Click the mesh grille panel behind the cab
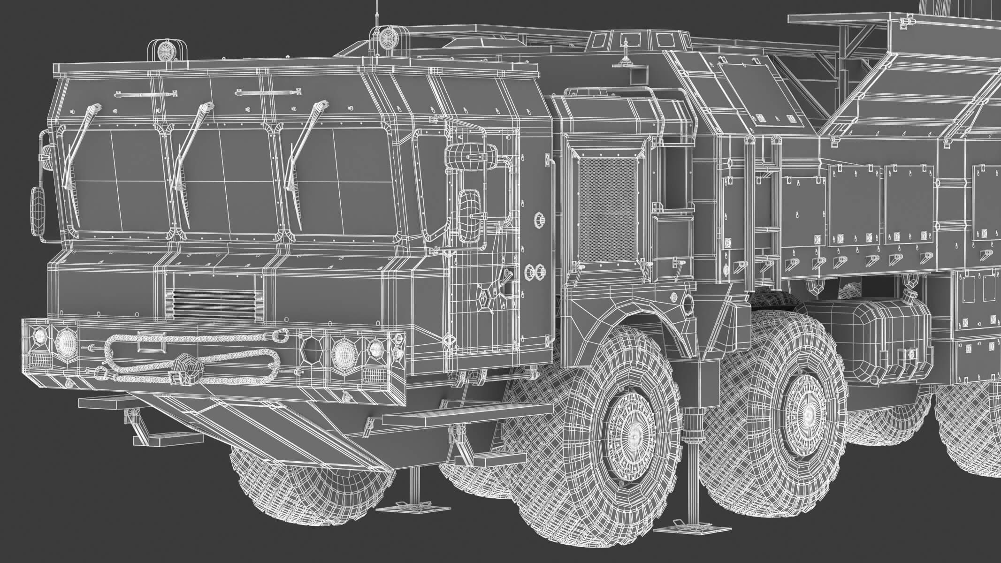coord(608,209)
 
